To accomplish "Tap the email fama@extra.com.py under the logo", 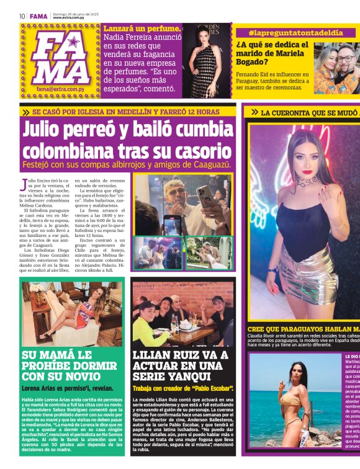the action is click(x=60, y=89).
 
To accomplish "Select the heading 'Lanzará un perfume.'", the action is click(x=142, y=29).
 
